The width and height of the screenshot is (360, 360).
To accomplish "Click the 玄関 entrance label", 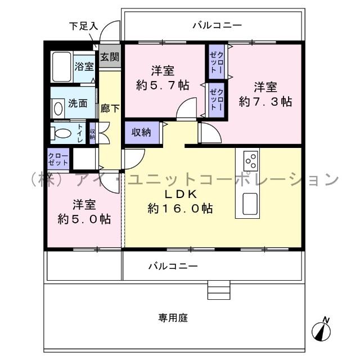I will [110, 57].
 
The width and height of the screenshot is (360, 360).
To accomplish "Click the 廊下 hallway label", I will [110, 109].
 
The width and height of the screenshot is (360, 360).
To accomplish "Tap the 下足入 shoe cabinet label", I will [83, 26].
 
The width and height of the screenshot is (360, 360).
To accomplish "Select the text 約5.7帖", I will [162, 86].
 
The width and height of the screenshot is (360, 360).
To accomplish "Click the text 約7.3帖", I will [265, 102].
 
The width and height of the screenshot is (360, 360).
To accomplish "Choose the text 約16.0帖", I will [180, 208].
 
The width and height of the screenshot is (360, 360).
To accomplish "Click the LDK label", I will [179, 194].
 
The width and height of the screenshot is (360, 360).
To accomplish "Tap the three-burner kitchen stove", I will [251, 161].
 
